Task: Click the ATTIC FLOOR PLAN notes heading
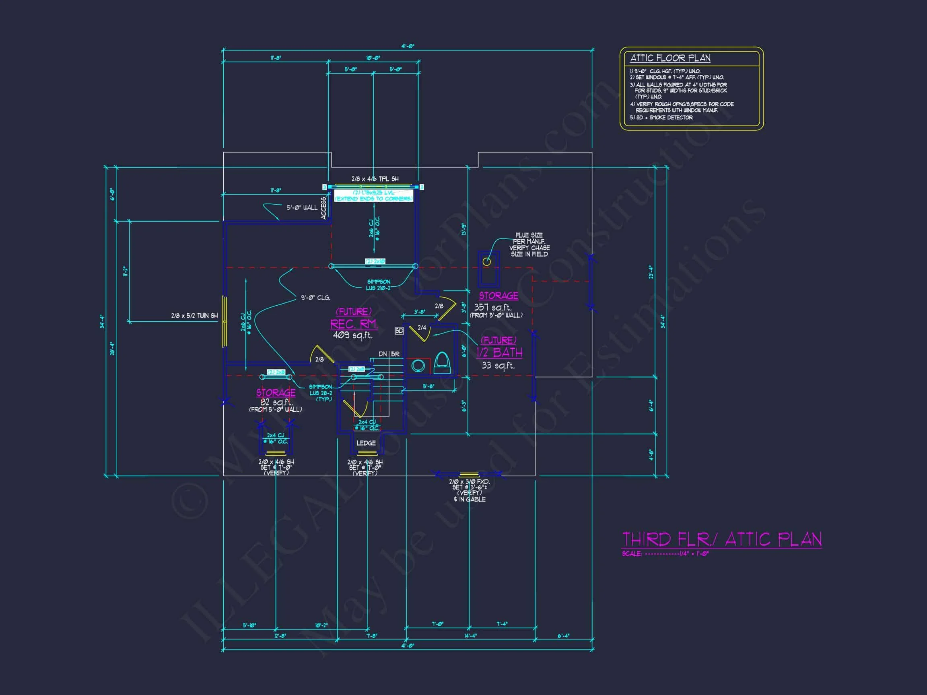[x=670, y=58]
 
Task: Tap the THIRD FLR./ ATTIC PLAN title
[x=721, y=539]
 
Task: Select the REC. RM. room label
[x=354, y=324]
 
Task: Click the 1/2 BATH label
[x=499, y=352]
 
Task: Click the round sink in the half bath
[x=418, y=365]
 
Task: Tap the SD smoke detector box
[x=399, y=331]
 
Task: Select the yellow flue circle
[x=486, y=262]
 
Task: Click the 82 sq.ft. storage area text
[x=276, y=402]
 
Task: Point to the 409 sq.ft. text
[x=352, y=335]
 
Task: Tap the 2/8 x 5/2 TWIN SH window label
[x=194, y=316]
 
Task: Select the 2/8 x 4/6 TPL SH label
[x=375, y=179]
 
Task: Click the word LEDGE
[x=366, y=443]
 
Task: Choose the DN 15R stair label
[x=389, y=354]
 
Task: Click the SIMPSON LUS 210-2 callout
[x=379, y=285]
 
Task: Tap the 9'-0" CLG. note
[x=315, y=298]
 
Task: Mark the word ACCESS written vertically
[x=323, y=208]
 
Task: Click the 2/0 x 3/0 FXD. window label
[x=469, y=482]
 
